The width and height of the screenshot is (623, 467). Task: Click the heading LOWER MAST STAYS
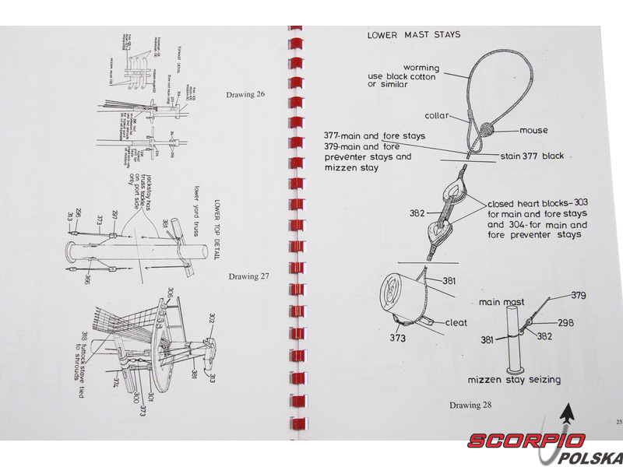click(x=414, y=34)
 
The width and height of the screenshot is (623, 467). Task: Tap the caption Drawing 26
click(x=245, y=95)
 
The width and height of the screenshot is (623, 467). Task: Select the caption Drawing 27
click(x=248, y=276)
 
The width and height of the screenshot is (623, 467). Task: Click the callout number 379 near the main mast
click(x=578, y=295)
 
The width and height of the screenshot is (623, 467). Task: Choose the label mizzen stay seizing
click(x=514, y=380)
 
